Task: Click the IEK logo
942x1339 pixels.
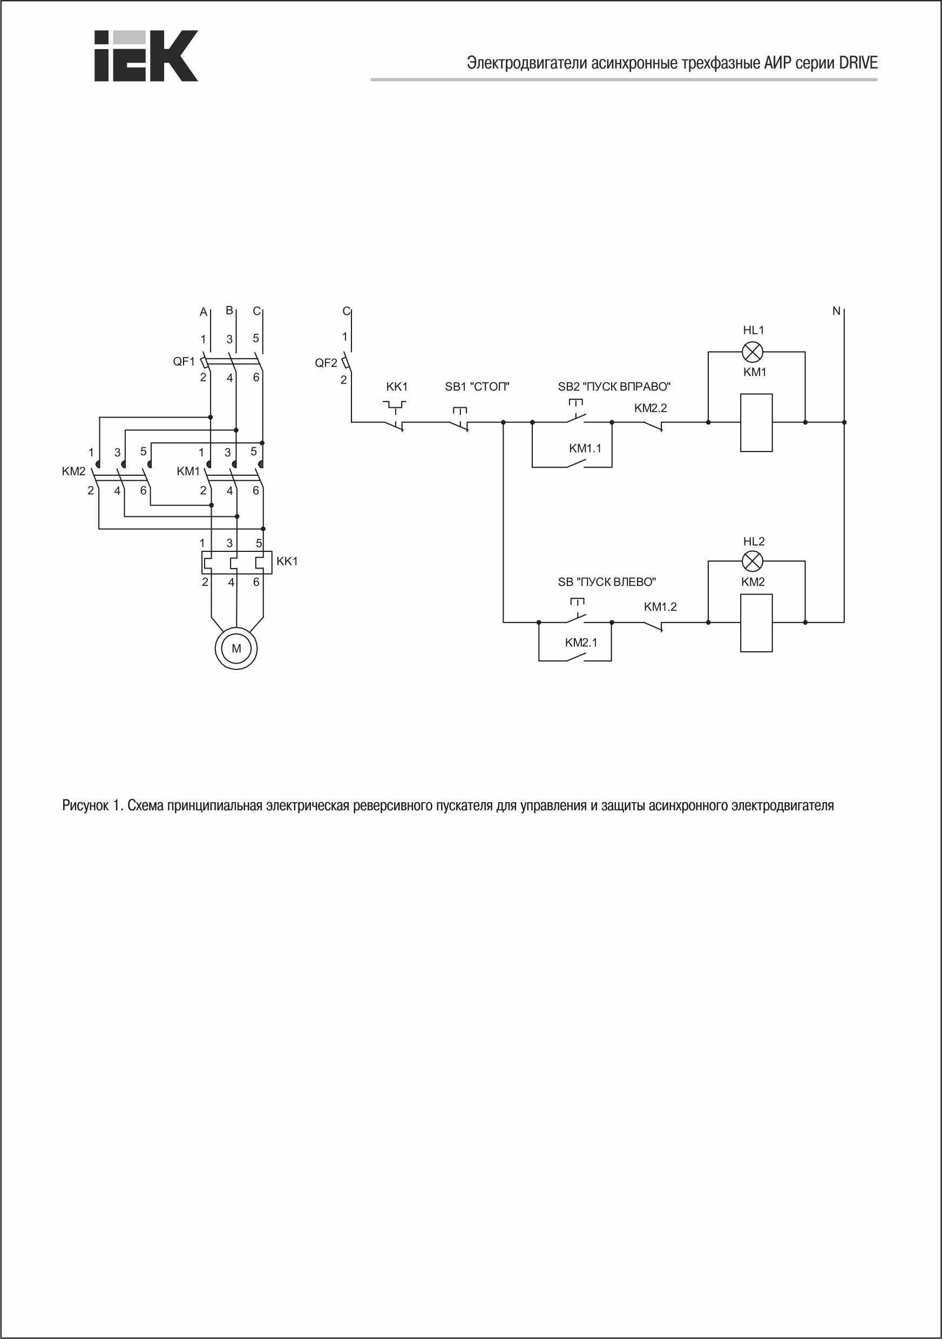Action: [146, 56]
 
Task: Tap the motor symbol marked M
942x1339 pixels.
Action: [236, 648]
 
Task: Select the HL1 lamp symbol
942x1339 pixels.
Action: [753, 352]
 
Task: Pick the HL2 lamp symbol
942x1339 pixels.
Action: [753, 562]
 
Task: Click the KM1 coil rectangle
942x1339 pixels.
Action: [756, 422]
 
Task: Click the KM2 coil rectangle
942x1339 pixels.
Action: [756, 623]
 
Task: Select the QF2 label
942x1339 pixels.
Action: [326, 363]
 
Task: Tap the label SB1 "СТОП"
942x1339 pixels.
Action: [477, 386]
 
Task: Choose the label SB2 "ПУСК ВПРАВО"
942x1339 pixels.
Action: [614, 386]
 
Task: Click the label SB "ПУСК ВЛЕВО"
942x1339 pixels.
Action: [607, 582]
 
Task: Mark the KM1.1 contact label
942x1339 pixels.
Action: [585, 448]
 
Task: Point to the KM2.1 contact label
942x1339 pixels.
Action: [581, 642]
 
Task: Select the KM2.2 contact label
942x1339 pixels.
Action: [650, 408]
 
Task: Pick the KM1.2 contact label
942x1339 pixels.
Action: [660, 606]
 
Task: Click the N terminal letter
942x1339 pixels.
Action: [836, 311]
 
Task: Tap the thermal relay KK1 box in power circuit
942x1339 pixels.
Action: [236, 562]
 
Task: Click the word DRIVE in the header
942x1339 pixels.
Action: [858, 63]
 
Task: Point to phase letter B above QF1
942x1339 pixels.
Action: [229, 310]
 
